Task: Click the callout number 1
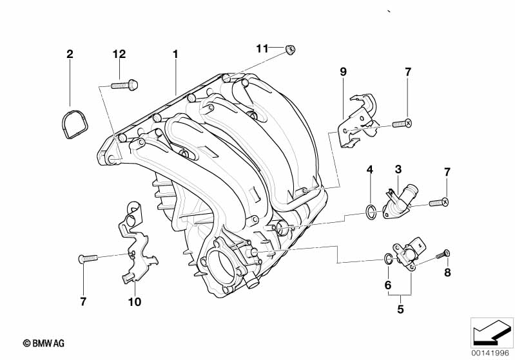tap(175, 54)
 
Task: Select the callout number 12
tap(119, 54)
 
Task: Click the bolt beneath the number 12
tap(124, 85)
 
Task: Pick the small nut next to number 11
tap(289, 50)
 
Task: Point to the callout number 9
tap(343, 71)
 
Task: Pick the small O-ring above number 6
tap(387, 259)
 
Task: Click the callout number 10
tap(135, 301)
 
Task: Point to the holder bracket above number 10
tap(136, 243)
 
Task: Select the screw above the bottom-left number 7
tap(88, 259)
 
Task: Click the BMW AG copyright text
tap(44, 343)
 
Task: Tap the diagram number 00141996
tap(490, 353)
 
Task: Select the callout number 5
tap(400, 309)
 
